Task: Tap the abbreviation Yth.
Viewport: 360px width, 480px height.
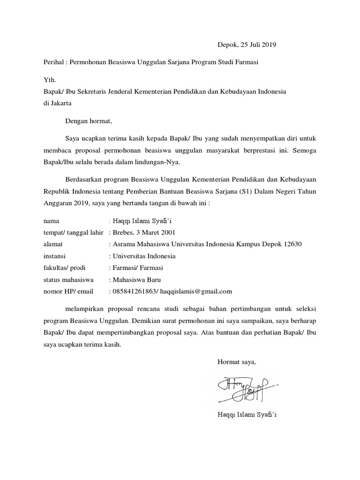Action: point(49,80)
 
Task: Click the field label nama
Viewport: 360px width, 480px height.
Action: point(51,221)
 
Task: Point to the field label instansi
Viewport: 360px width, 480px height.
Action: point(54,256)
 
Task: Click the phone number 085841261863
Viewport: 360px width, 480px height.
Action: point(132,292)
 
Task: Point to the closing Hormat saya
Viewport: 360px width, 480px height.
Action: point(236,361)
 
